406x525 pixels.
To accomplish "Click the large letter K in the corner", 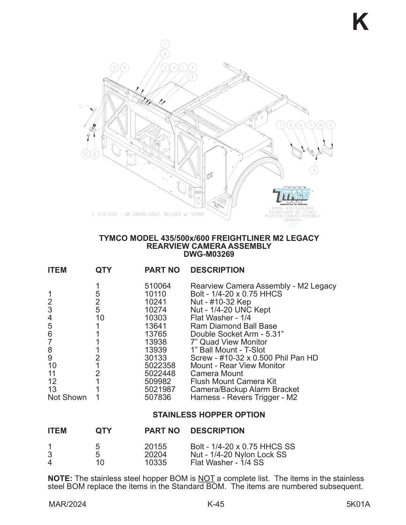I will point(360,22).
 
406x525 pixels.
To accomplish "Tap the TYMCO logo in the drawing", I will point(292,195).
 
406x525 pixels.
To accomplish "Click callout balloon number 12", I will point(85,154).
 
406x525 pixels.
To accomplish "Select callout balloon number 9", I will point(314,170).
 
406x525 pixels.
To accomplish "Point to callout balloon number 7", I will point(281,125).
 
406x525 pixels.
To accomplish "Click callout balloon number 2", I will point(331,125).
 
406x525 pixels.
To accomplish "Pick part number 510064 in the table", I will point(158,286).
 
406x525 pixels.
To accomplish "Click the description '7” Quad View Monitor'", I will point(229,342).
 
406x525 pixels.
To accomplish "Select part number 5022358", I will point(160,366).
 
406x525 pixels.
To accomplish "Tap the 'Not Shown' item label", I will point(67,397).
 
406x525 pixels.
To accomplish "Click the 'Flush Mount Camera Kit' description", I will point(233,381).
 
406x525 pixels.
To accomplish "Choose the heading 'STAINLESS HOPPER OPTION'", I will point(209,415).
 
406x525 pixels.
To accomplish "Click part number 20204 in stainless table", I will point(155,455).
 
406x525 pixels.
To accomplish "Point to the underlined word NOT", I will point(206,479).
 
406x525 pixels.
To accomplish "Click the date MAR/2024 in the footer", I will point(68,504).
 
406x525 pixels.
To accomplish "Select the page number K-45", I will point(216,504).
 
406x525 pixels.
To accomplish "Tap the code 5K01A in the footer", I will point(358,504).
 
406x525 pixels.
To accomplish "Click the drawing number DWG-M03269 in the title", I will point(209,254).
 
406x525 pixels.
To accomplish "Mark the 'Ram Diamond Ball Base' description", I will point(233,326).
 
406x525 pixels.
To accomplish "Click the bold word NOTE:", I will point(60,479).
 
